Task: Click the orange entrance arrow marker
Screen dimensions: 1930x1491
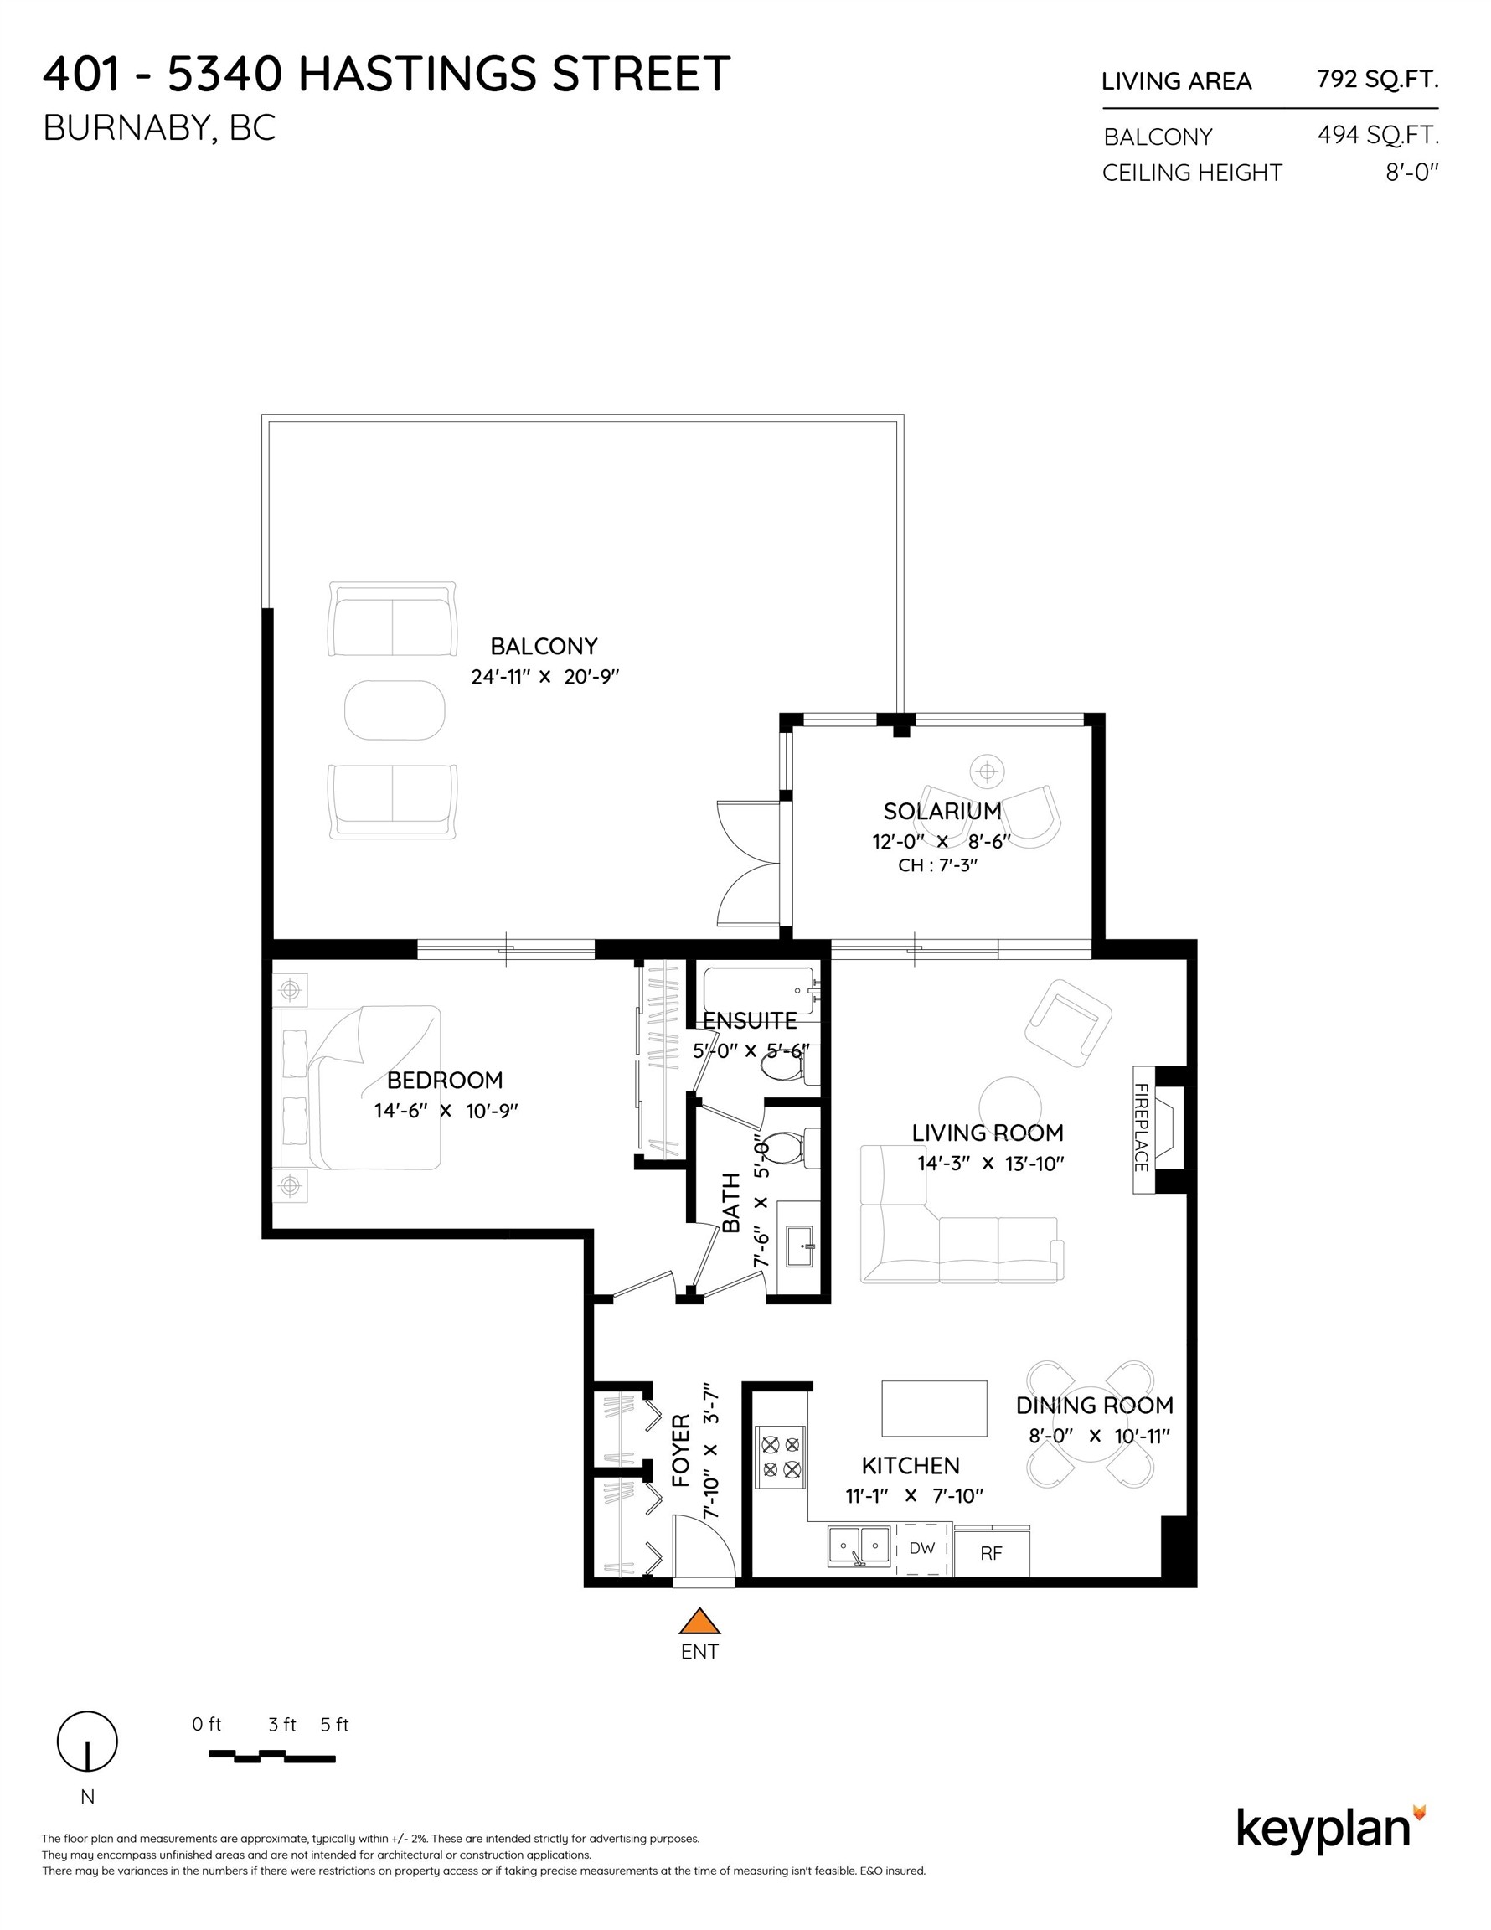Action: coord(699,1622)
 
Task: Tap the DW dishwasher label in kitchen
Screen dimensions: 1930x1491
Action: coord(921,1547)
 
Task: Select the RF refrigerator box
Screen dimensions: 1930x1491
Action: coord(991,1553)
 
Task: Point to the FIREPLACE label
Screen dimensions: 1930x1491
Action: coord(1141,1128)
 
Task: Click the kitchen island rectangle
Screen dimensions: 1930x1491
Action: coord(934,1409)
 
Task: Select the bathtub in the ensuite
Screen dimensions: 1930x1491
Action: coord(758,992)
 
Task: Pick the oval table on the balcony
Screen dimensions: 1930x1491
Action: coord(395,710)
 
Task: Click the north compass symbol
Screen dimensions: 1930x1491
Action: coord(86,1741)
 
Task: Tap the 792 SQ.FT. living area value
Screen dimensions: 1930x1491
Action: coord(1377,80)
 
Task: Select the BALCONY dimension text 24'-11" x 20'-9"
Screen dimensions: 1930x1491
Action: coord(544,677)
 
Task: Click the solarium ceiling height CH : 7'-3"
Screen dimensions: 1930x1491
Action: coord(936,865)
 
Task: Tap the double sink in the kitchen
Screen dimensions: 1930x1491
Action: coord(859,1546)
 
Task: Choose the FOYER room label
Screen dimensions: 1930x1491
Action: coord(680,1450)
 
